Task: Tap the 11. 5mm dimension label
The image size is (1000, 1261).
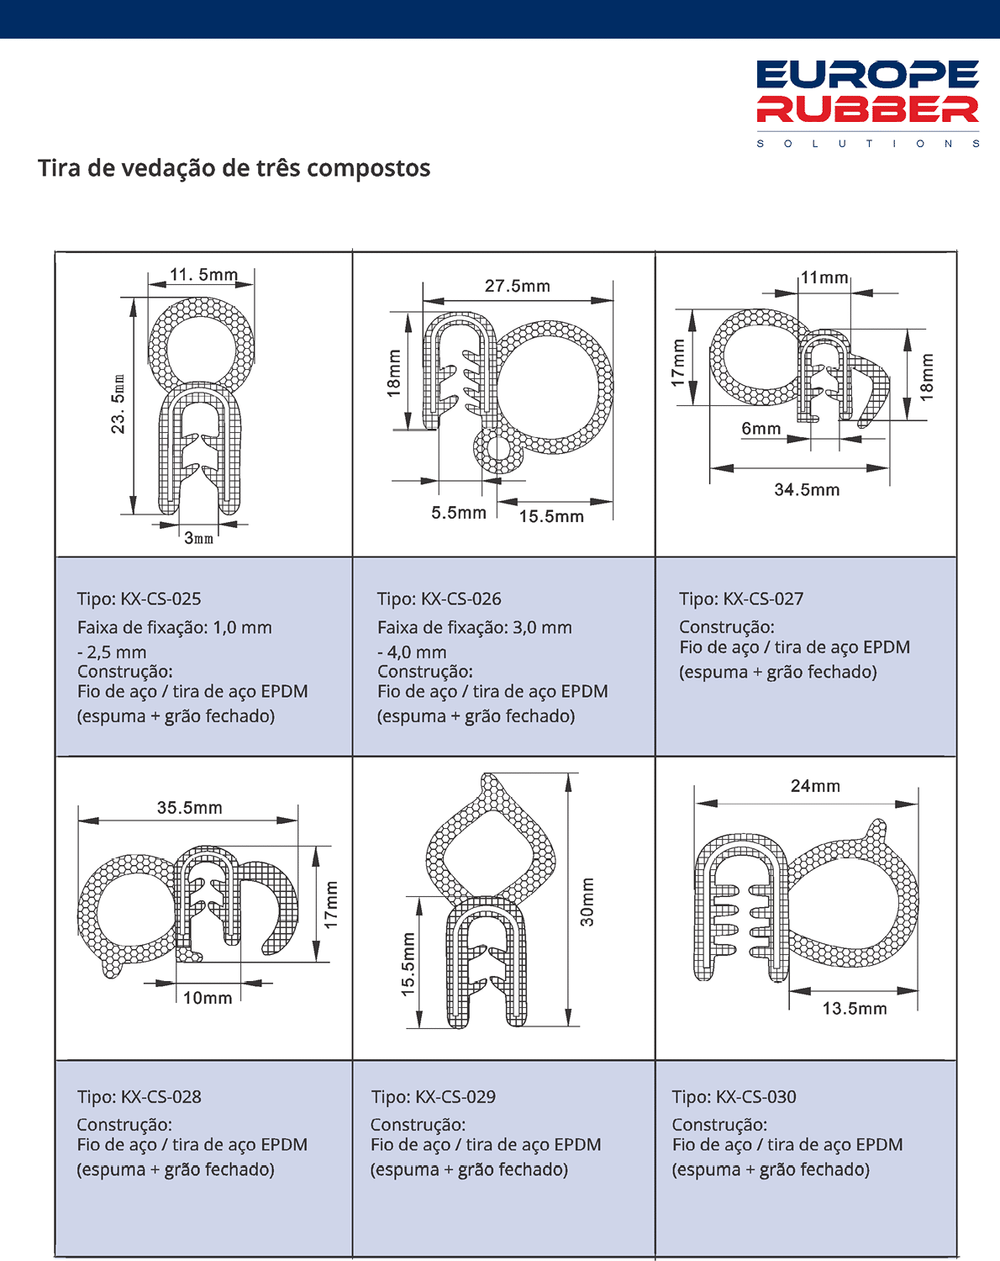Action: tap(203, 275)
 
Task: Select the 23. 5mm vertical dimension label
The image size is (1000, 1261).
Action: tap(118, 404)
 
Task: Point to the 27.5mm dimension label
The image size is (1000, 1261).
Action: tap(518, 286)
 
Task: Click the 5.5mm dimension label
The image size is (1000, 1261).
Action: tap(459, 513)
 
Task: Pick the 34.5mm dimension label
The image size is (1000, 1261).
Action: tap(807, 489)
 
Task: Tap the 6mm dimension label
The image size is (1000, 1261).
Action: tap(761, 429)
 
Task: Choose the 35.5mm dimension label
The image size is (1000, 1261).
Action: tap(190, 808)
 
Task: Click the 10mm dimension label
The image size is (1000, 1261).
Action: tap(208, 998)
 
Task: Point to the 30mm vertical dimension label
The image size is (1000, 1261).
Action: tap(587, 902)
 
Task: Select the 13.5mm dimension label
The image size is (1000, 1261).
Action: tap(855, 1009)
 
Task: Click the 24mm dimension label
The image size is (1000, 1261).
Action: tap(815, 786)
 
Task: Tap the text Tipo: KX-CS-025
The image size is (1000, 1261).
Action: tap(139, 599)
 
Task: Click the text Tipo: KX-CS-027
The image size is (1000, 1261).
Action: tap(741, 599)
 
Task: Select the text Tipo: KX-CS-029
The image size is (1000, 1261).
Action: tap(434, 1097)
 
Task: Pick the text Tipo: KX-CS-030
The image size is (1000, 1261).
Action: tap(734, 1097)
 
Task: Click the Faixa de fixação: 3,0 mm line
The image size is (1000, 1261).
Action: tap(475, 627)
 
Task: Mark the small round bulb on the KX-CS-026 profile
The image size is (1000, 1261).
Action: tap(499, 451)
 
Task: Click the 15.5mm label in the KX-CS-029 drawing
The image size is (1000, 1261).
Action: tap(408, 964)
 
